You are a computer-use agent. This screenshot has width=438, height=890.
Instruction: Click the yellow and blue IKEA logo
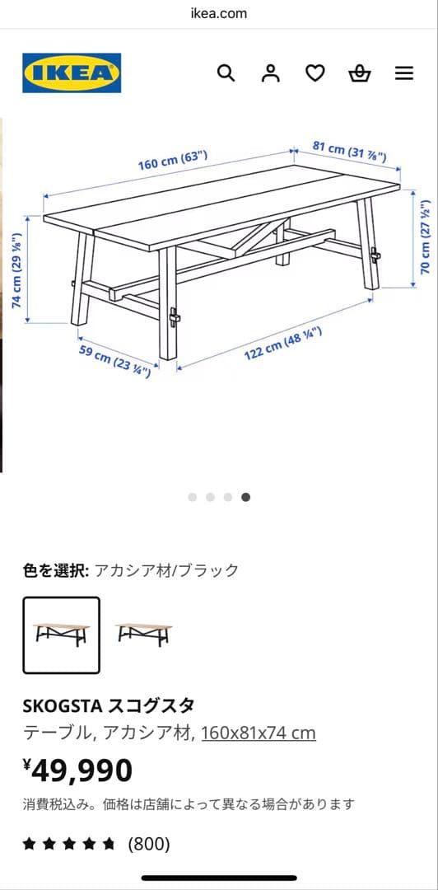point(72,73)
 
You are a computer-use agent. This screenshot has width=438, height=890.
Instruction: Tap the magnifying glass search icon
point(226,73)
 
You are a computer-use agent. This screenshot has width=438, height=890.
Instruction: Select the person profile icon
point(270,73)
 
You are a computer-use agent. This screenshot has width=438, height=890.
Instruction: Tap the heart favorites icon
point(315,73)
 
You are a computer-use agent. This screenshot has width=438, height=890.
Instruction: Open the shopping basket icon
point(359,73)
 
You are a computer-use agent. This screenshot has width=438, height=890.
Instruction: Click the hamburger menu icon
point(404,73)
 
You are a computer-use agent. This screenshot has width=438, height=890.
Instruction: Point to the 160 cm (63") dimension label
point(172,160)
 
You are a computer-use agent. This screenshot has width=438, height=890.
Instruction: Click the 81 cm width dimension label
point(349,152)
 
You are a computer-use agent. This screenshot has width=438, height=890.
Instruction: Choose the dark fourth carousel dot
point(246,497)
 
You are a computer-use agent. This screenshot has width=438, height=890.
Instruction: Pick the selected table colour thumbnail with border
point(62,635)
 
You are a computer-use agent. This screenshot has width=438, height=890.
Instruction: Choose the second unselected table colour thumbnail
point(144,634)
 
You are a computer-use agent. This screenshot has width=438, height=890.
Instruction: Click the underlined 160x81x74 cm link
point(258,733)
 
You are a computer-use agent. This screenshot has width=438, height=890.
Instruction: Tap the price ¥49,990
point(77,771)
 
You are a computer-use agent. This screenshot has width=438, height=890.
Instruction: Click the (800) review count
point(148,844)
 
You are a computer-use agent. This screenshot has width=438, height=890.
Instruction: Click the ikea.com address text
point(218,13)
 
